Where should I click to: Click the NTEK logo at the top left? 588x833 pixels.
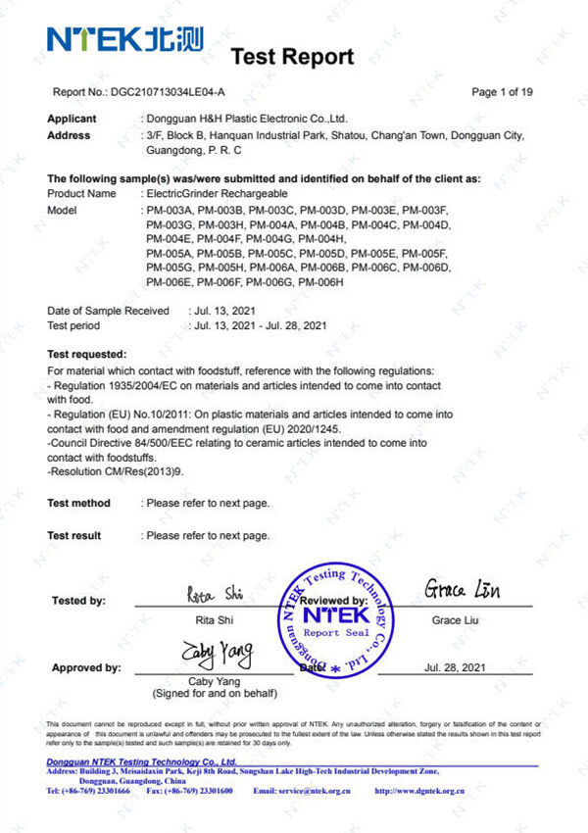point(124,39)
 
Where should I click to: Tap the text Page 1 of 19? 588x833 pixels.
point(502,92)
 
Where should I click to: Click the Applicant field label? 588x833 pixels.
point(73,119)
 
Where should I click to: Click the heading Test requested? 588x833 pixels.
point(87,353)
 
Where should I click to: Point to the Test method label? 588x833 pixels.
point(79,503)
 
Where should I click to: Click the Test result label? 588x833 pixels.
point(74,535)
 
